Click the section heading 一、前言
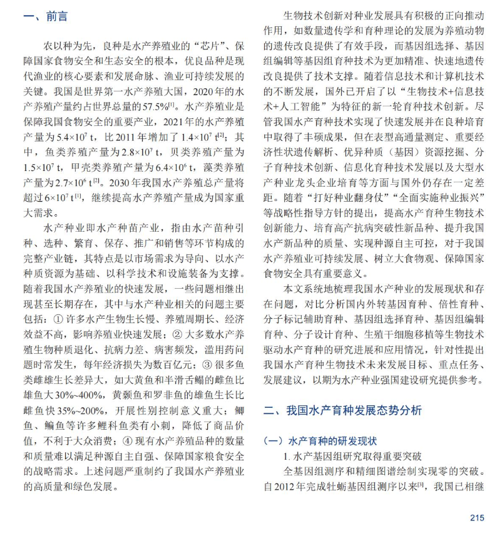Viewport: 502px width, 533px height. pyautogui.click(x=45, y=16)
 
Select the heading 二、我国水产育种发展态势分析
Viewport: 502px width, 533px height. pyautogui.click(x=343, y=411)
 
